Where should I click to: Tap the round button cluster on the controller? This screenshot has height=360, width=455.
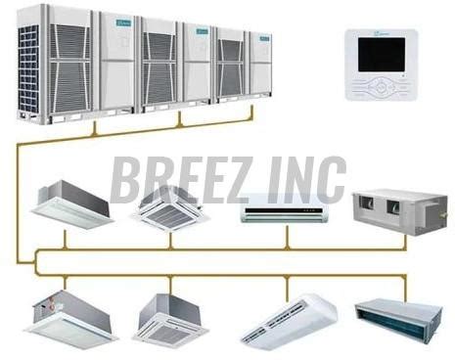(381, 85)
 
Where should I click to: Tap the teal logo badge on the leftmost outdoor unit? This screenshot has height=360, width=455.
(122, 20)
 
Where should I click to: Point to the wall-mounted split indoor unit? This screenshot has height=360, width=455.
(286, 208)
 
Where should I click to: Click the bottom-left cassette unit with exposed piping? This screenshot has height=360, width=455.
(70, 318)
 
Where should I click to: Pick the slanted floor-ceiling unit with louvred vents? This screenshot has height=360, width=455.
(288, 320)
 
